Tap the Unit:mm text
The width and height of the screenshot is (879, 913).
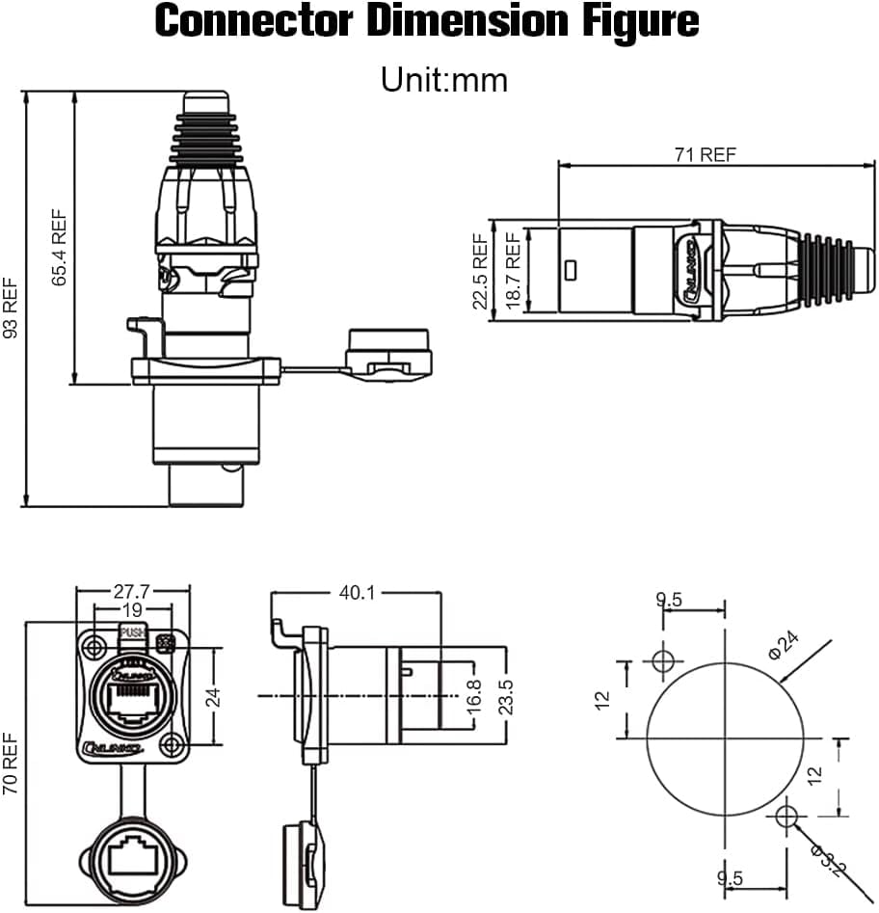443,79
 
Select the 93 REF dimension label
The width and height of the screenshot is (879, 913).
12,308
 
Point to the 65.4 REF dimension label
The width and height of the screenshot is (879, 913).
60,248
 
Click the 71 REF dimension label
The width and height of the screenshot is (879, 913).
704,154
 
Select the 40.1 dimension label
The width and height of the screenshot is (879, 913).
357,592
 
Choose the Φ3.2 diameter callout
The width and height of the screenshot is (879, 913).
827,860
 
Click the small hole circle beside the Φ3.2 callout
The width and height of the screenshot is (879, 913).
786,818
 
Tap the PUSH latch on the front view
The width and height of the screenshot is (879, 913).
132,634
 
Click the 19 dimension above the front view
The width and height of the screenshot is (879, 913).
133,609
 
